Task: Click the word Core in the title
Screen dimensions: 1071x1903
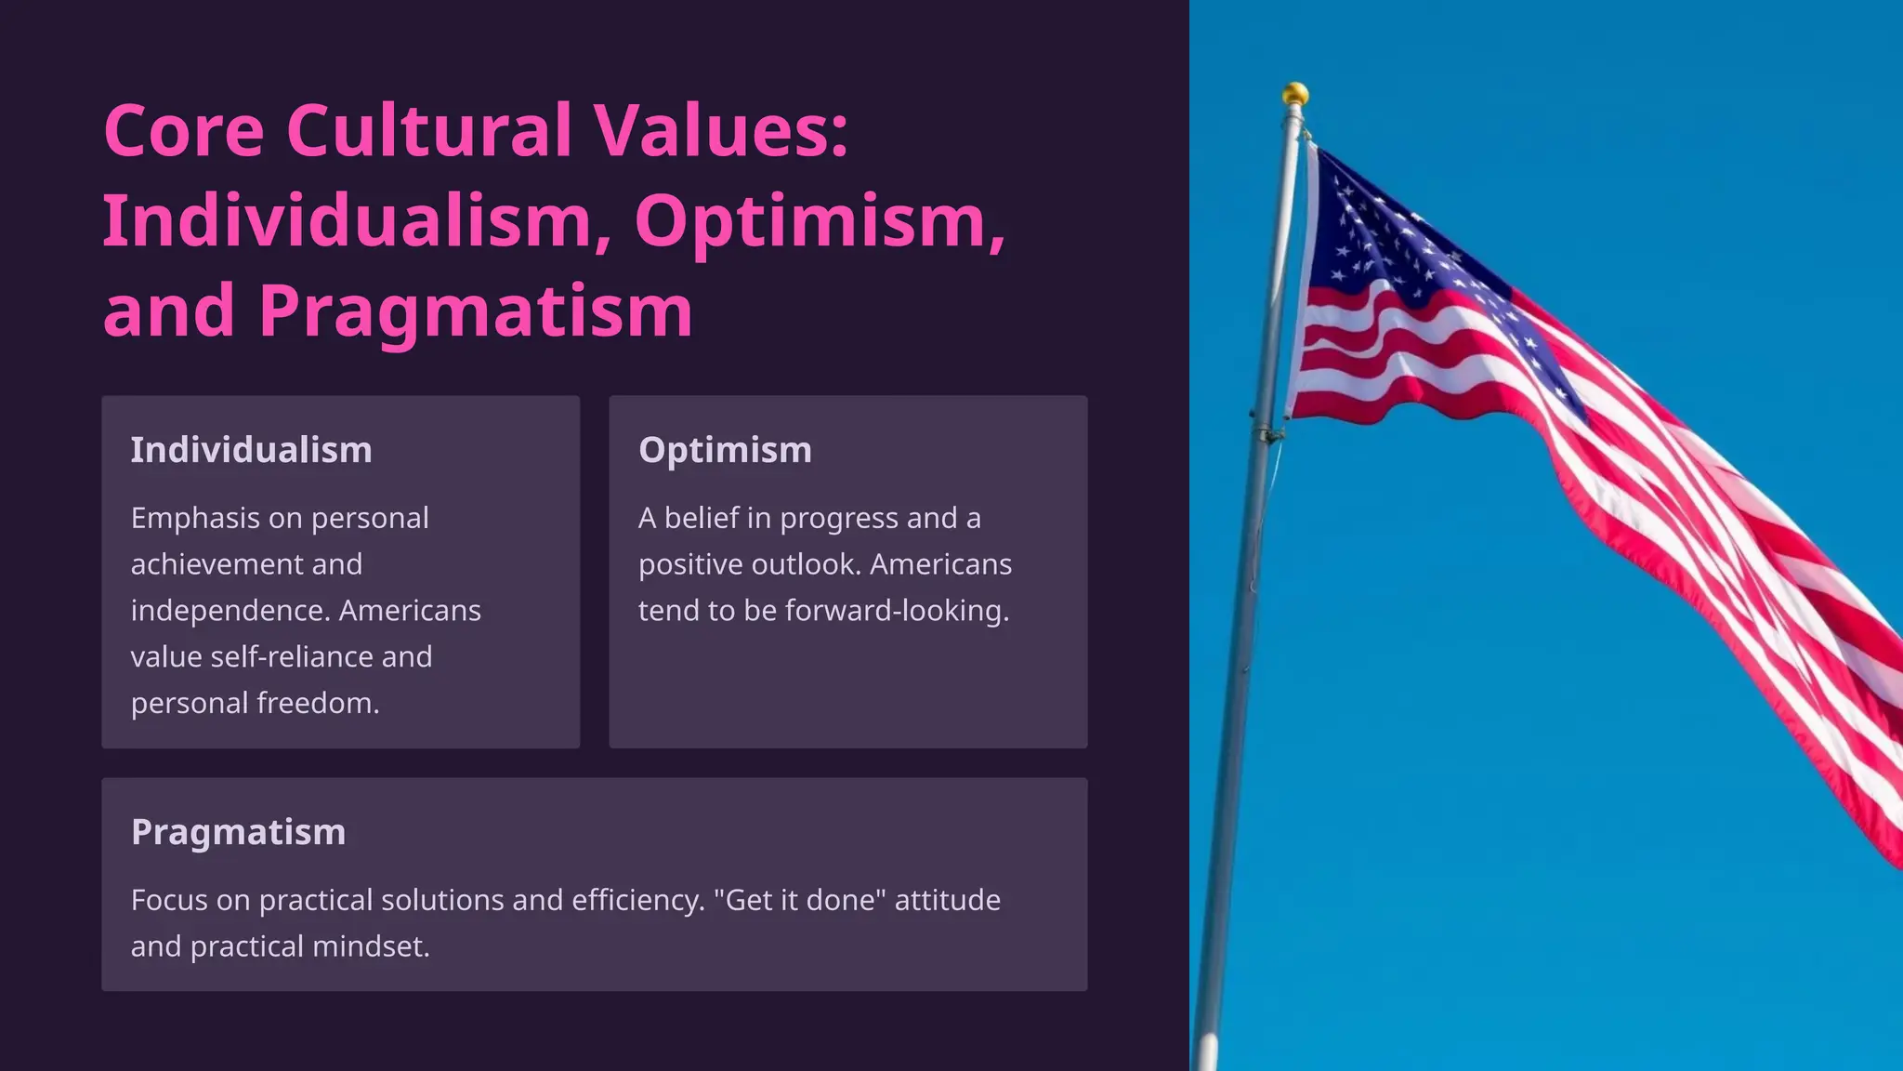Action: tap(184, 131)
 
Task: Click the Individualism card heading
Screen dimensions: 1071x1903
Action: tap(251, 450)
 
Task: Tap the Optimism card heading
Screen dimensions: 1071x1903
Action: tap(725, 450)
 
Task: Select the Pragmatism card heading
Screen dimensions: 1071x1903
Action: tap(238, 832)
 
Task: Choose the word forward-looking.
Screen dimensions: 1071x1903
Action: tap(897, 611)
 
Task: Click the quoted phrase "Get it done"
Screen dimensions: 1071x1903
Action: tap(799, 900)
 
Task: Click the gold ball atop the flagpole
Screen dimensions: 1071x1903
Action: tap(1295, 94)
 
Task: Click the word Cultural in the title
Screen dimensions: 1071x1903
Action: tap(429, 131)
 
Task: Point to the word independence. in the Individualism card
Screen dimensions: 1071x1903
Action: tap(230, 611)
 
